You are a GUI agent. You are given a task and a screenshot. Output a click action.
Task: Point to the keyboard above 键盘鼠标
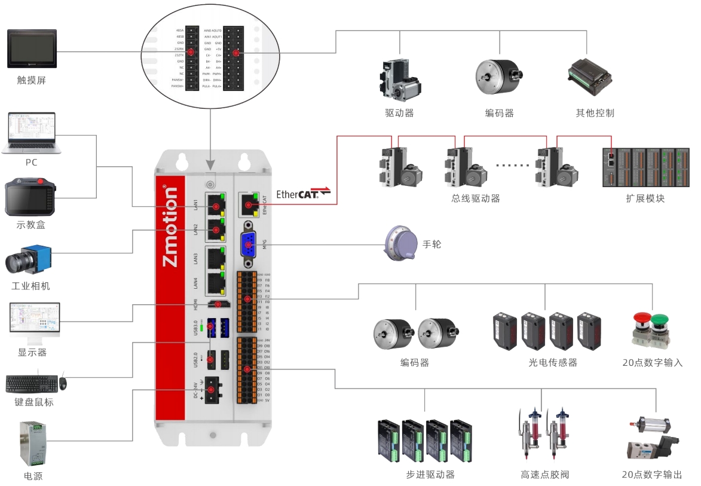31,383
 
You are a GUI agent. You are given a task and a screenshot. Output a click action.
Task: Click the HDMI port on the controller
219,304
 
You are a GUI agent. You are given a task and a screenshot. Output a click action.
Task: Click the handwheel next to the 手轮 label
399,243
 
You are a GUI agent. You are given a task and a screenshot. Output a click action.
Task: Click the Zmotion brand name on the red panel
170,227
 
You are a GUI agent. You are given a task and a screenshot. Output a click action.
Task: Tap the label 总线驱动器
475,198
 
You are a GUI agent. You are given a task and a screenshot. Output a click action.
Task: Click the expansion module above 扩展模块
646,168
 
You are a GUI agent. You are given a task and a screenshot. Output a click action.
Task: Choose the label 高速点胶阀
544,475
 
